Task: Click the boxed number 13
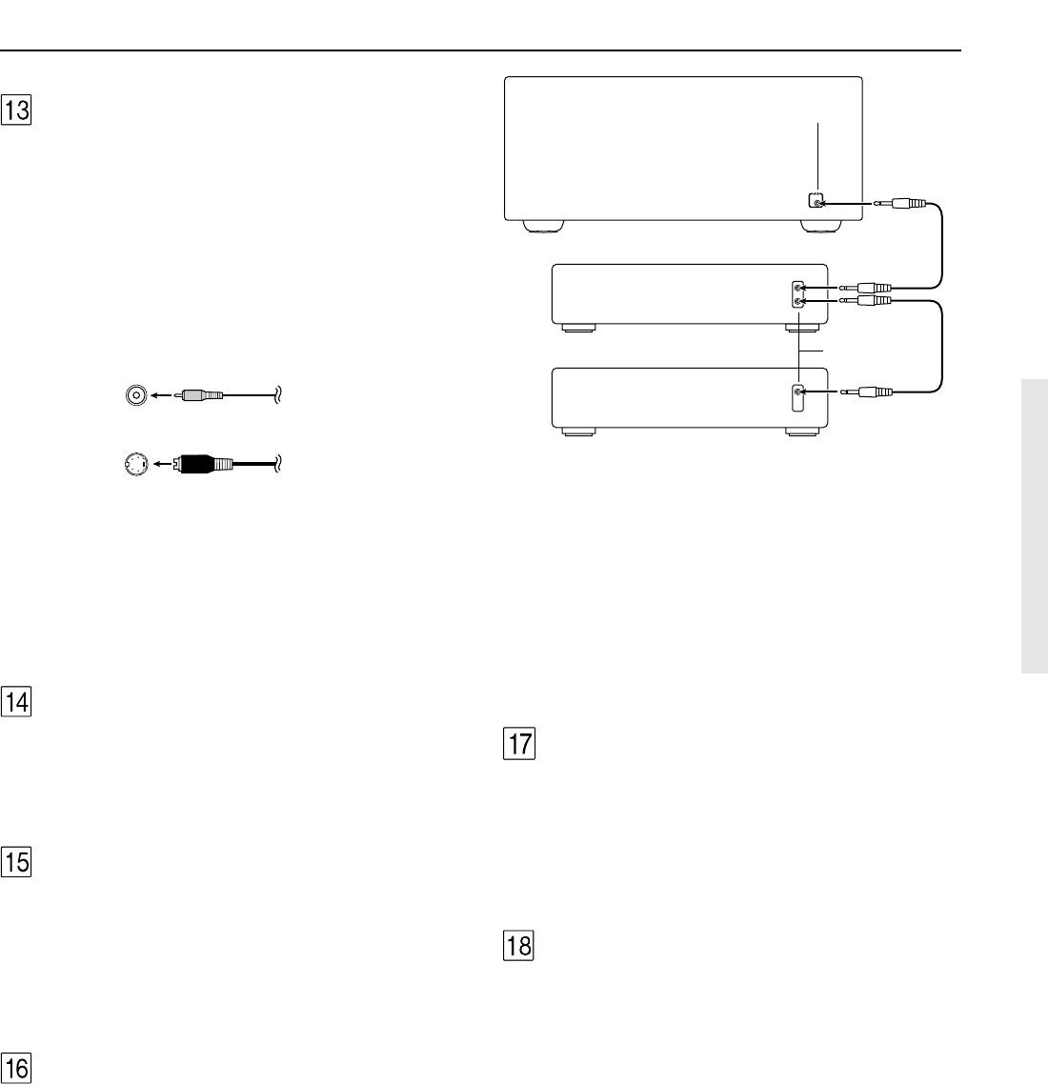pyautogui.click(x=16, y=110)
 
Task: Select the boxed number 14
pyautogui.click(x=16, y=702)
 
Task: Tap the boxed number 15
pyautogui.click(x=16, y=862)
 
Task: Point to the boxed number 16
pyautogui.click(x=16, y=1068)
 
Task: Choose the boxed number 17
pyautogui.click(x=519, y=744)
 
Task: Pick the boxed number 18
pyautogui.click(x=519, y=946)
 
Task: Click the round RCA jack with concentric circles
pyautogui.click(x=136, y=394)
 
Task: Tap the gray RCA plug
pyautogui.click(x=199, y=395)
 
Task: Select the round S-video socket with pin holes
pyautogui.click(x=136, y=464)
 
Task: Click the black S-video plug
pyautogui.click(x=206, y=463)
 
